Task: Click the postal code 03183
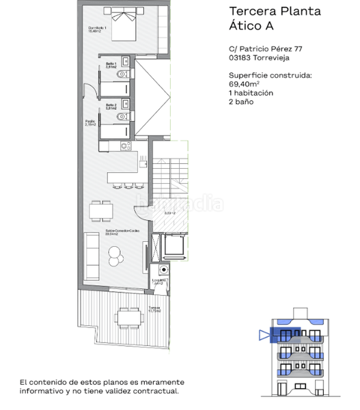pyautogui.click(x=240, y=59)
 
